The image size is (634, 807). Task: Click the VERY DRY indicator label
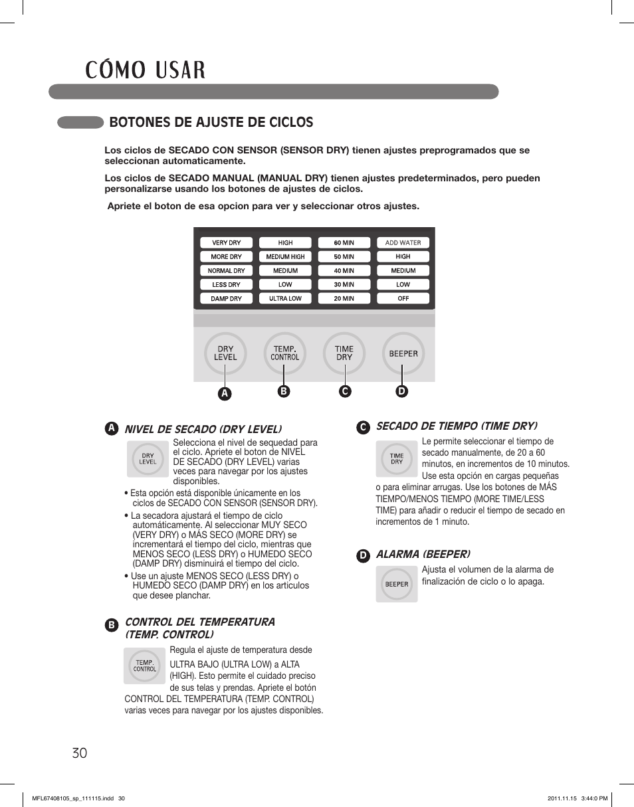pyautogui.click(x=226, y=243)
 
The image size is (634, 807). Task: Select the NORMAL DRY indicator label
pyautogui.click(x=226, y=271)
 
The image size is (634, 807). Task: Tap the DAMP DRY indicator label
pyautogui.click(x=226, y=299)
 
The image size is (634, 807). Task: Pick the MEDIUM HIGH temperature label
pyautogui.click(x=285, y=257)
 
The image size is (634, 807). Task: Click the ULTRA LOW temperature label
pyautogui.click(x=285, y=299)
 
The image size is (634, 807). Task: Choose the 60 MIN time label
pyautogui.click(x=344, y=243)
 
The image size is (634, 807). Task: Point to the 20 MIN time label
pyautogui.click(x=344, y=299)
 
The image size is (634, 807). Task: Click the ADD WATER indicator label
pyautogui.click(x=403, y=243)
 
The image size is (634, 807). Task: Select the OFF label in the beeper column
pyautogui.click(x=403, y=299)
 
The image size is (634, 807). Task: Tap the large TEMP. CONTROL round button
pyautogui.click(x=285, y=353)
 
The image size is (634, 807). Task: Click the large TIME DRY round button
pyautogui.click(x=344, y=353)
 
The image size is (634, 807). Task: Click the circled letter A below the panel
pyautogui.click(x=225, y=393)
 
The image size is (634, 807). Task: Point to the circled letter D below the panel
pyautogui.click(x=401, y=391)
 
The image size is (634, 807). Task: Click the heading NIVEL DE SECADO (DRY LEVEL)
pyautogui.click(x=203, y=429)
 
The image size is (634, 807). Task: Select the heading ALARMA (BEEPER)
pyautogui.click(x=423, y=554)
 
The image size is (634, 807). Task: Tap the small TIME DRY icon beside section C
pyautogui.click(x=397, y=459)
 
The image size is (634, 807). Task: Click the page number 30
pyautogui.click(x=79, y=753)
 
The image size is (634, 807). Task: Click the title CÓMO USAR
pyautogui.click(x=145, y=70)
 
